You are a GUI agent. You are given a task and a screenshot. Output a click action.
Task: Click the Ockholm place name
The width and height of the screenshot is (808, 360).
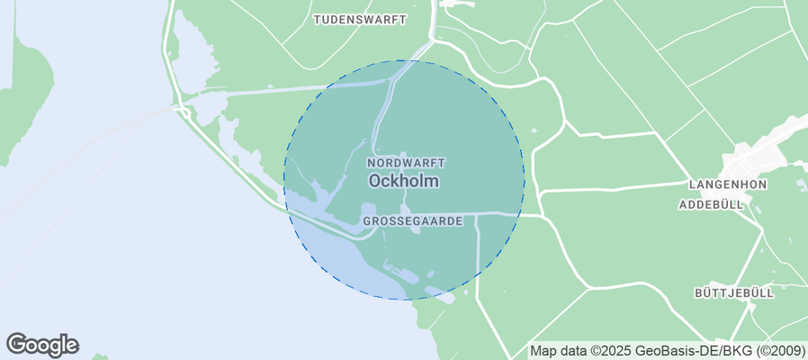(404, 181)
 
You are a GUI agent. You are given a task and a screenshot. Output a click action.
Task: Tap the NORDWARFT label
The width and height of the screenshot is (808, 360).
(406, 163)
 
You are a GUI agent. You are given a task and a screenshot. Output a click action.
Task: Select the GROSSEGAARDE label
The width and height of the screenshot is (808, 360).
(412, 220)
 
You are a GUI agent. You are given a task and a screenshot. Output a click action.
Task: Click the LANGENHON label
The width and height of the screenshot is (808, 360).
(727, 184)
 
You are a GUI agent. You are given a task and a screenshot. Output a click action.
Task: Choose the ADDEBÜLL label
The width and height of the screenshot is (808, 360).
(711, 205)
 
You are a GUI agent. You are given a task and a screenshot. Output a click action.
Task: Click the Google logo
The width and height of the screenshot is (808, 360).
(42, 345)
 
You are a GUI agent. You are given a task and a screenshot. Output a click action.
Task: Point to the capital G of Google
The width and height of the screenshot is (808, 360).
(16, 344)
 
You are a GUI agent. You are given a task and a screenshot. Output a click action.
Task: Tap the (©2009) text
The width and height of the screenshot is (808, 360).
(775, 351)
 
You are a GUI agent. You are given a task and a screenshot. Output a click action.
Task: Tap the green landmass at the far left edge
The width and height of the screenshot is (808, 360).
(22, 99)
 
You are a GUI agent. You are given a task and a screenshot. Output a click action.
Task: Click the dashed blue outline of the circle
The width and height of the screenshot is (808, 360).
(524, 180)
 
